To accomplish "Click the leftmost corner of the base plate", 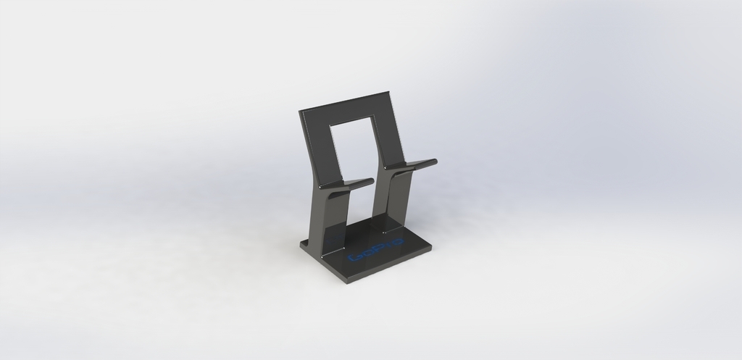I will (x=301, y=244).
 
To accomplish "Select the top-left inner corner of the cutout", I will (x=330, y=125).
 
